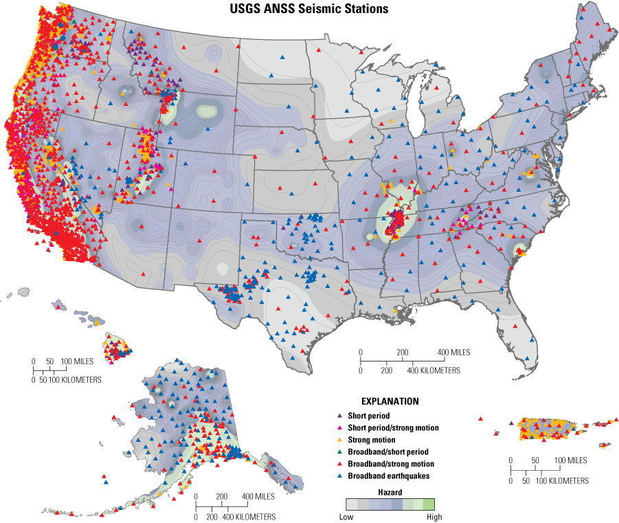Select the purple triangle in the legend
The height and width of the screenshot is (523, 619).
click(x=339, y=416)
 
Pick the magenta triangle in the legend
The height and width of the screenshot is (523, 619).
click(x=339, y=427)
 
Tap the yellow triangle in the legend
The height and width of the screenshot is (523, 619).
click(x=339, y=439)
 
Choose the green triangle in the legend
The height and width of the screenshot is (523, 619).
click(x=339, y=452)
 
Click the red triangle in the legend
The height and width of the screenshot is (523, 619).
click(x=339, y=463)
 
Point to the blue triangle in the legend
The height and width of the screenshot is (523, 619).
click(x=339, y=475)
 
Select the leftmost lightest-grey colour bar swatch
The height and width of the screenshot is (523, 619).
click(x=352, y=504)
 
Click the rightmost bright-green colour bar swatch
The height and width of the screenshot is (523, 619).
click(x=429, y=504)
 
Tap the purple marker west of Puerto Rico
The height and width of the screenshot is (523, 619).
click(x=511, y=423)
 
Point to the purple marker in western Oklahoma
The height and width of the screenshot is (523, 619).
click(x=283, y=227)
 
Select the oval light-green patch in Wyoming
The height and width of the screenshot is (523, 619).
click(x=206, y=111)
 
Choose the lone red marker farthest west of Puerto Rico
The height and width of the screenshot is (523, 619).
click(x=480, y=418)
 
